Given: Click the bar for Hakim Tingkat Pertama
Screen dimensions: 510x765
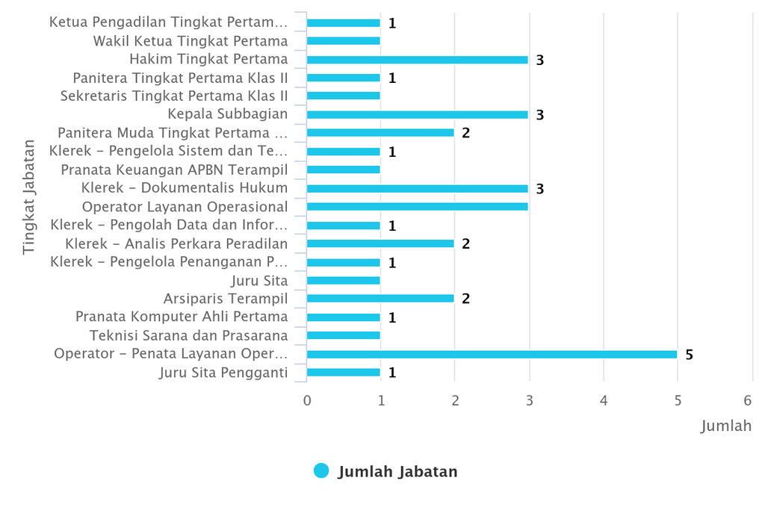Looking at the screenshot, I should [x=417, y=60].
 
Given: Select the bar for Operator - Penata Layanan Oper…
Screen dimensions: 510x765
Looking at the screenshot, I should [x=492, y=355].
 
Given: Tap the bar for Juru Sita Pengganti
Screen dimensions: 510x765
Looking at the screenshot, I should [x=343, y=373].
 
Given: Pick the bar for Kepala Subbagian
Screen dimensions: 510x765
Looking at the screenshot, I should [x=417, y=115].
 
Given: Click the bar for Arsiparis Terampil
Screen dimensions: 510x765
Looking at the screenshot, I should [x=380, y=299].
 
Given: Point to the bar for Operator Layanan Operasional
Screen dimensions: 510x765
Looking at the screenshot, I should [x=417, y=207].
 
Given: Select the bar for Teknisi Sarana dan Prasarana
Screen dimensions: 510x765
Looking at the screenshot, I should [x=343, y=335].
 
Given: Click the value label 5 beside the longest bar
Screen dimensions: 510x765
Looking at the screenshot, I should [x=689, y=355].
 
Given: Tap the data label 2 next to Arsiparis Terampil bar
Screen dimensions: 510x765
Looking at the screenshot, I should [x=465, y=299].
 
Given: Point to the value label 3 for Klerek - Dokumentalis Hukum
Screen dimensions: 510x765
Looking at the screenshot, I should [x=539, y=189].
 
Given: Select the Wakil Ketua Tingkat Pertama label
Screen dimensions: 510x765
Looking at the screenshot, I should [x=191, y=41].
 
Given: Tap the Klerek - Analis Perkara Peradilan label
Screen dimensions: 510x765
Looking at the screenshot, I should [x=176, y=243].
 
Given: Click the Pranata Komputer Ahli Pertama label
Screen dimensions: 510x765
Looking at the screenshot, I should [x=182, y=317].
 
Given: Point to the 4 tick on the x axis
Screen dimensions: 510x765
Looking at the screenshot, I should [x=604, y=401].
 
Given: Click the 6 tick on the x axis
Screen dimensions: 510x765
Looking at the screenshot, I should [x=752, y=401].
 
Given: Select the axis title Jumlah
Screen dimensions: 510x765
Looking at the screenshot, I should [x=725, y=426].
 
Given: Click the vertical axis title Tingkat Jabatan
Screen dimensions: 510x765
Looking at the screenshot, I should [x=29, y=196].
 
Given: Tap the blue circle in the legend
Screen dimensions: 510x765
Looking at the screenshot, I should [x=321, y=471].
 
